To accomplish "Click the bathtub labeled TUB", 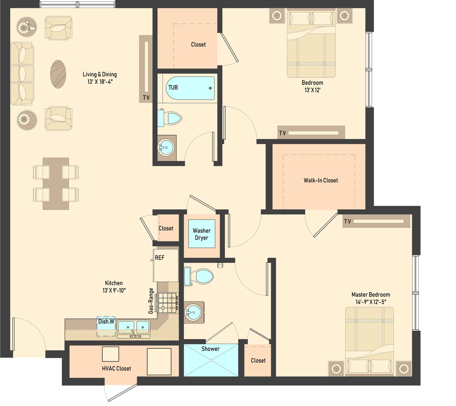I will tap(190, 88).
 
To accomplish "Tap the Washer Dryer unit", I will tap(202, 234).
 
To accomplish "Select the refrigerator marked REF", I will tap(166, 265).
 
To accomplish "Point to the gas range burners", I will tap(168, 303).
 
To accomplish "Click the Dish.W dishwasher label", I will tap(106, 322).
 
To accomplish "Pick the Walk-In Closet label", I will tap(320, 180).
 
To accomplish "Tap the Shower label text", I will tap(210, 349).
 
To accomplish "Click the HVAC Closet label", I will tap(116, 368).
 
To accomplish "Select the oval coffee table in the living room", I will tap(58, 74).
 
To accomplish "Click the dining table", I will tap(56, 183).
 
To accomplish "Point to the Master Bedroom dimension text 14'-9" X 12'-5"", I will tap(371, 301).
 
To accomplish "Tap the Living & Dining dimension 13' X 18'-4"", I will tap(100, 81).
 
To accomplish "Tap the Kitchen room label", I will tap(114, 283).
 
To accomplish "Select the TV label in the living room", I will tap(146, 98).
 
